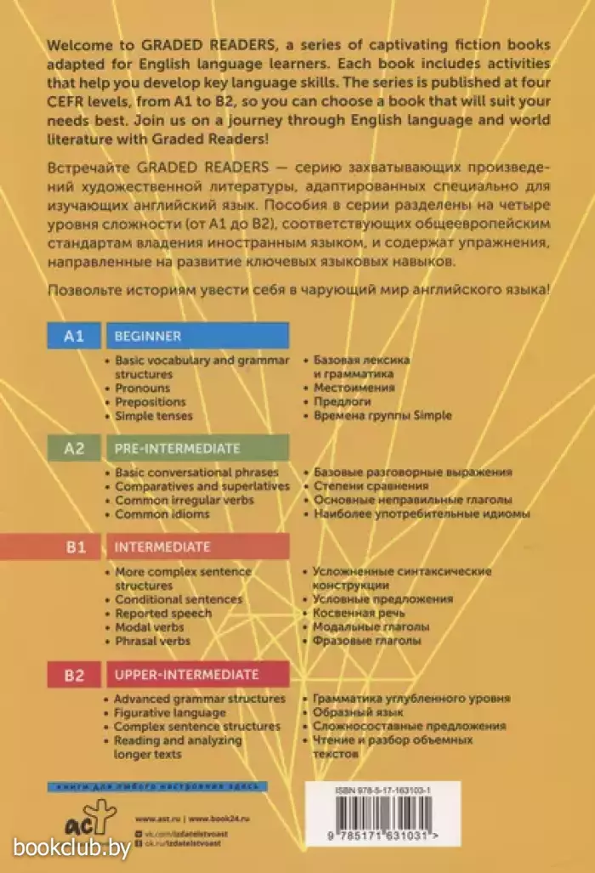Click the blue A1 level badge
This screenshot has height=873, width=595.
pos(74,337)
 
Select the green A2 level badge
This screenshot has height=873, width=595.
pos(74,448)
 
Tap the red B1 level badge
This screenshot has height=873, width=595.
pos(74,547)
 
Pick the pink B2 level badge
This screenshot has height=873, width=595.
pos(74,675)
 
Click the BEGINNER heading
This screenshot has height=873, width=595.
pos(148,337)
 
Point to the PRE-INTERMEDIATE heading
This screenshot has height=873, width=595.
pos(177,448)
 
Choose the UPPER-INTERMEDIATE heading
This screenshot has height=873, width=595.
pos(186,675)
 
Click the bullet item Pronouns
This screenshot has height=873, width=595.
pos(142,388)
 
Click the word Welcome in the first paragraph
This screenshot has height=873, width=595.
pos(75,44)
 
